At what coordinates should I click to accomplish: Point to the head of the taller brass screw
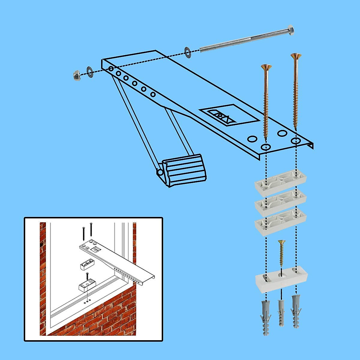click(296, 56)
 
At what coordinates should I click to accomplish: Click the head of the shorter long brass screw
click(266, 67)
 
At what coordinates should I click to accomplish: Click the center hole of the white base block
click(281, 274)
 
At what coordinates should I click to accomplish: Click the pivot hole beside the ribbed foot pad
click(160, 172)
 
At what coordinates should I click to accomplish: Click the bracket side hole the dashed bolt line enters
click(111, 69)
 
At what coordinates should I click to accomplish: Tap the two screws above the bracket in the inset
click(87, 231)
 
